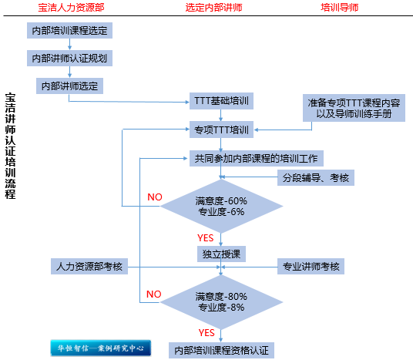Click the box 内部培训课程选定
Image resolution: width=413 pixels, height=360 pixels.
pyautogui.click(x=69, y=30)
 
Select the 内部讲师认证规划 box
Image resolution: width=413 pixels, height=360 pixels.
pyautogui.click(x=69, y=58)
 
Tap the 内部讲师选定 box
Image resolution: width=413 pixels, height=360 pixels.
pyautogui.click(x=69, y=86)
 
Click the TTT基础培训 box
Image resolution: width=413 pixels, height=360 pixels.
pyautogui.click(x=221, y=101)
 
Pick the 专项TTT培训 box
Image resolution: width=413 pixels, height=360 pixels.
pyautogui.click(x=221, y=130)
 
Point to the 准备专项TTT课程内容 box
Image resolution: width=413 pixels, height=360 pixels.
pyautogui.click(x=354, y=108)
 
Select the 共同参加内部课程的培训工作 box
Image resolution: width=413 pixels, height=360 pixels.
pyautogui.click(x=257, y=158)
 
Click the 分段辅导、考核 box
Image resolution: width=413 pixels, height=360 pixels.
pyautogui.click(x=316, y=177)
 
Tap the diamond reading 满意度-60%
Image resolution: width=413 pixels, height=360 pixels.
pyautogui.click(x=221, y=206)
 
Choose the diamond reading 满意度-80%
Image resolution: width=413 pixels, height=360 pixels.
pyautogui.click(x=221, y=302)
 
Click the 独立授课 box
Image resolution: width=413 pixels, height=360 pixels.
pyautogui.click(x=221, y=254)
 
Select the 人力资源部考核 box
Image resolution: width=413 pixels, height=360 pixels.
pyautogui.click(x=89, y=266)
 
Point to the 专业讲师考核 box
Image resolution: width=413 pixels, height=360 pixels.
pyautogui.click(x=311, y=266)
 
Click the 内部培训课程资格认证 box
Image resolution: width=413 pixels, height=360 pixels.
pyautogui.click(x=221, y=350)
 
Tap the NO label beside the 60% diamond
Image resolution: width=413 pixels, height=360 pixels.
pyautogui.click(x=155, y=197)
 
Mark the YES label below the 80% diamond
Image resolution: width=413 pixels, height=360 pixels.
pyautogui.click(x=206, y=332)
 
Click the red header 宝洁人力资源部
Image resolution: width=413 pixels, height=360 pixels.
pyautogui.click(x=71, y=8)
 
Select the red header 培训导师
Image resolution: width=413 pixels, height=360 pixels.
pyautogui.click(x=340, y=8)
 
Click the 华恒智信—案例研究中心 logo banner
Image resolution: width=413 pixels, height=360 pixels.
pyautogui.click(x=101, y=348)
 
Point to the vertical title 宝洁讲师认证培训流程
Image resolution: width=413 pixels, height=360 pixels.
pyautogui.click(x=10, y=146)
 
